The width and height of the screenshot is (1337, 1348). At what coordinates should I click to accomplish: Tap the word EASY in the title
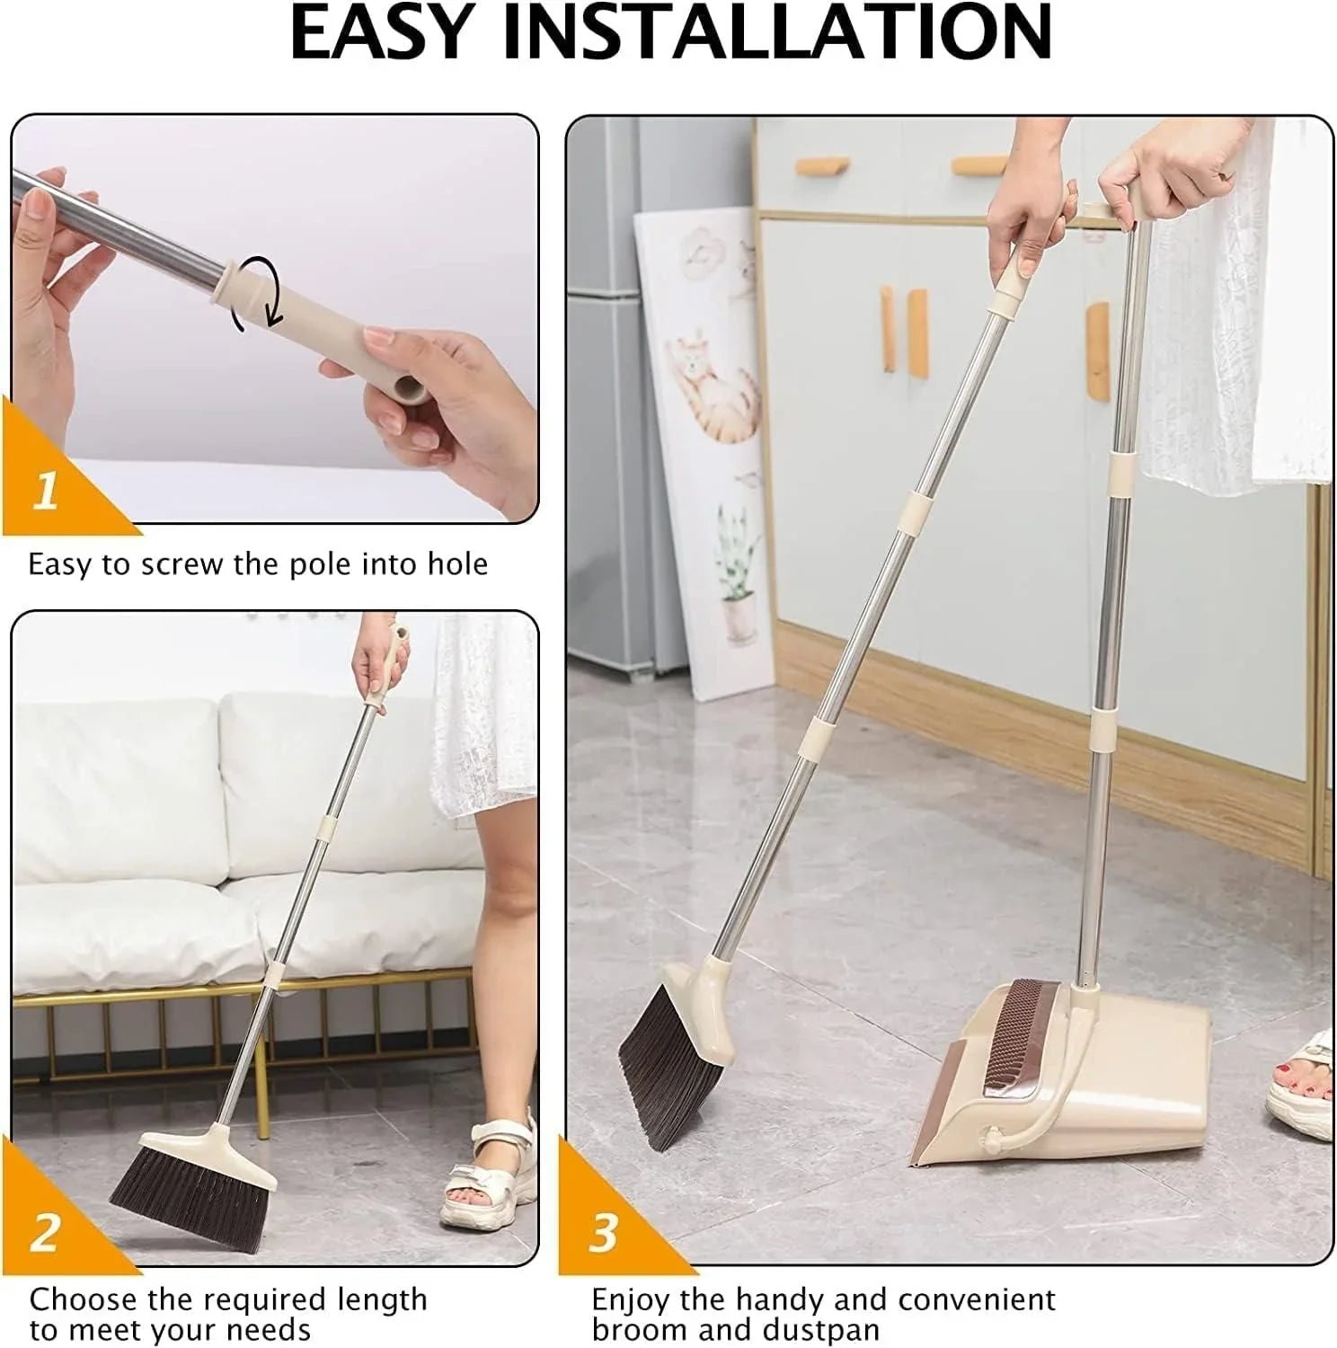coord(381,34)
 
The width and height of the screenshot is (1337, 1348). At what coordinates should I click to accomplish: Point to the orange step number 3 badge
coord(603,1231)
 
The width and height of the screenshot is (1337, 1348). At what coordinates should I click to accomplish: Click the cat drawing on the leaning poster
coord(710,386)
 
